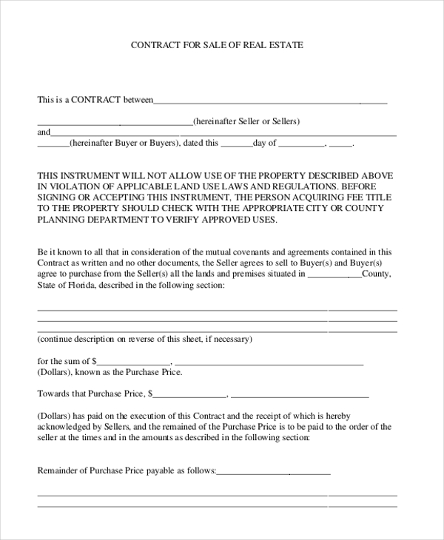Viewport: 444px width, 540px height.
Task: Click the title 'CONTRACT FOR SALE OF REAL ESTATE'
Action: (217, 45)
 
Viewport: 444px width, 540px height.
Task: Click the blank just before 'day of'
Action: (237, 145)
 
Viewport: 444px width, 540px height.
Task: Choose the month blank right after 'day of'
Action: (301, 145)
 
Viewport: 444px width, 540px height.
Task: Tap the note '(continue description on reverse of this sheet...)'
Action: (144, 340)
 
